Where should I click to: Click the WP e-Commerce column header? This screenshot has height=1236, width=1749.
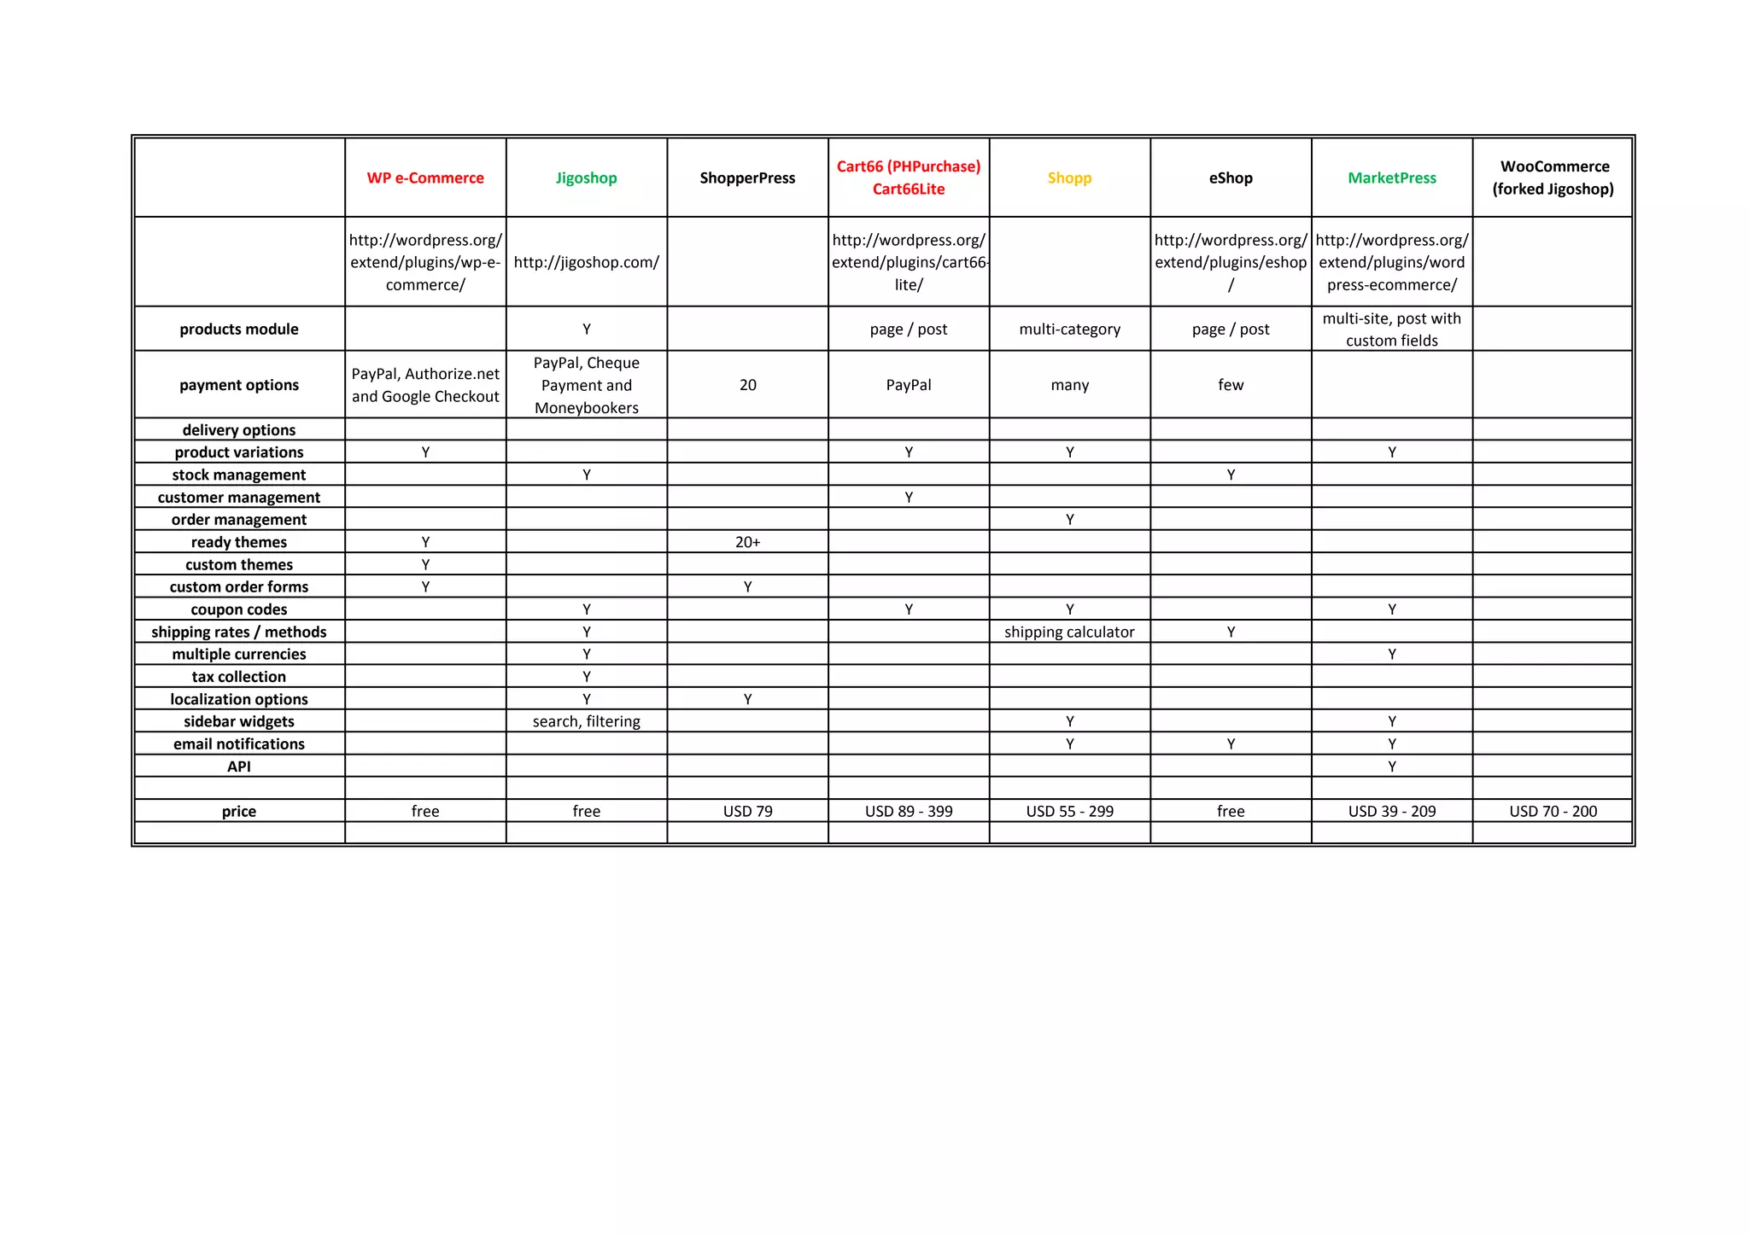pyautogui.click(x=425, y=178)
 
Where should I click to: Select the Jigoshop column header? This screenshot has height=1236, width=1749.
pyautogui.click(x=586, y=178)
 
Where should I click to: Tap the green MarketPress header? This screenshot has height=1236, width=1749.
pyautogui.click(x=1392, y=178)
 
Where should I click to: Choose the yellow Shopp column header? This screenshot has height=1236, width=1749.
pyautogui.click(x=1069, y=178)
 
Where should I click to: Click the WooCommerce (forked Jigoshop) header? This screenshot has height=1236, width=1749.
pyautogui.click(x=1553, y=178)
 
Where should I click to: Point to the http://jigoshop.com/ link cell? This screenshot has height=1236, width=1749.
pyautogui.click(x=586, y=262)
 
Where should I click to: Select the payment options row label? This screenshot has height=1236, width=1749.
pyautogui.click(x=239, y=385)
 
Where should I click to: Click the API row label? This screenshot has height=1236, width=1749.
pyautogui.click(x=239, y=767)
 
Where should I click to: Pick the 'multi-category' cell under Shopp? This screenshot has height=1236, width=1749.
pyautogui.click(x=1069, y=329)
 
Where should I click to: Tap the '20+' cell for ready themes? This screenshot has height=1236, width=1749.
pyautogui.click(x=747, y=542)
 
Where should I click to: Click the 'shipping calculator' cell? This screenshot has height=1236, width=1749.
pyautogui.click(x=1069, y=632)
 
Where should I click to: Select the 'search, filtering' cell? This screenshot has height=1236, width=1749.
pyautogui.click(x=586, y=721)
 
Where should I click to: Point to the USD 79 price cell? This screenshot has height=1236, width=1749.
pyautogui.click(x=747, y=811)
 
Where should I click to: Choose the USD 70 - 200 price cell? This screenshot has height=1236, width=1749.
pyautogui.click(x=1553, y=811)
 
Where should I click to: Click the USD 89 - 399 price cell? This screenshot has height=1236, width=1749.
pyautogui.click(x=909, y=811)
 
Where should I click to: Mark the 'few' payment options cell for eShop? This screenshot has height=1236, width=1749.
pyautogui.click(x=1231, y=385)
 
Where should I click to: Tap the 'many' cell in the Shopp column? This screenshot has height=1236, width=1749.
pyautogui.click(x=1069, y=385)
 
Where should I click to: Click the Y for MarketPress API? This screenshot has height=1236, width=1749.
pyautogui.click(x=1392, y=767)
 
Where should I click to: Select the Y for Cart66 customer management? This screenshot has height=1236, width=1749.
pyautogui.click(x=909, y=498)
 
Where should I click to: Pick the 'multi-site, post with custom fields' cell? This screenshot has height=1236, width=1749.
pyautogui.click(x=1392, y=329)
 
